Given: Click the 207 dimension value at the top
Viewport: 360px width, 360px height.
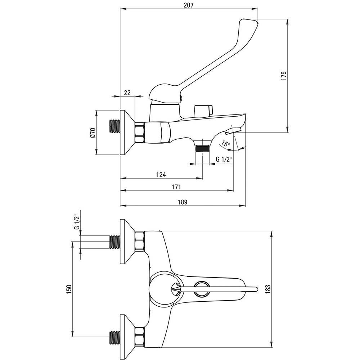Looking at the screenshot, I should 189,5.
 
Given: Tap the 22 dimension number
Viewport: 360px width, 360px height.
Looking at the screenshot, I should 127,93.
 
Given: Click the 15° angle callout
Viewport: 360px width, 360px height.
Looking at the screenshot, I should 226,143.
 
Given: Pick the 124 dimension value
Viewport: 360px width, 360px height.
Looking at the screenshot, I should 161,175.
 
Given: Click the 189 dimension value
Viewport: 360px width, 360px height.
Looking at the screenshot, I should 183,202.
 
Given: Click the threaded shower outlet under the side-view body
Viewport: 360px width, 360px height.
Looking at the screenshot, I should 202,149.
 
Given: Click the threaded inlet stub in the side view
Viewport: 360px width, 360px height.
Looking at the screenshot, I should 114,127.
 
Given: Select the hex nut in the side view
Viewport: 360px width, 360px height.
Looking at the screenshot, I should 140,133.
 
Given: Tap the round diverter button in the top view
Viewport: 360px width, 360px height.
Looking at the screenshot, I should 201,288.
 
